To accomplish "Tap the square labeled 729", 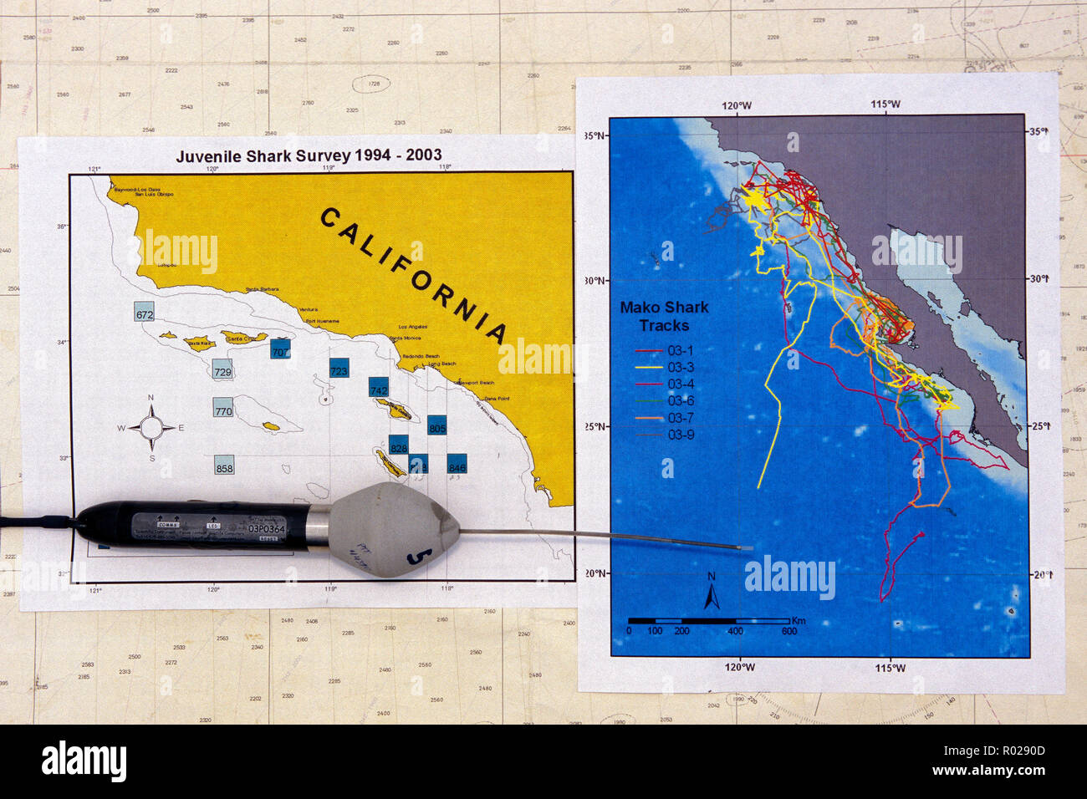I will [x=222, y=371].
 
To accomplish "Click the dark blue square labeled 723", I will [x=339, y=369].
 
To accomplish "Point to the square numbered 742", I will [x=379, y=389].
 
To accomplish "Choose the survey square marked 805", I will [x=437, y=426].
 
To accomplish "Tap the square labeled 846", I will [x=457, y=466].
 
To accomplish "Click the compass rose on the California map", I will [x=151, y=428].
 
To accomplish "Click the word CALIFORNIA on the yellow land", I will [x=415, y=275].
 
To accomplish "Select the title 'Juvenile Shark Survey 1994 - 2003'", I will [x=309, y=155].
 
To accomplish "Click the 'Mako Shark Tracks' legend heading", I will [x=664, y=316].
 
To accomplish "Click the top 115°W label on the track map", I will [x=885, y=104].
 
